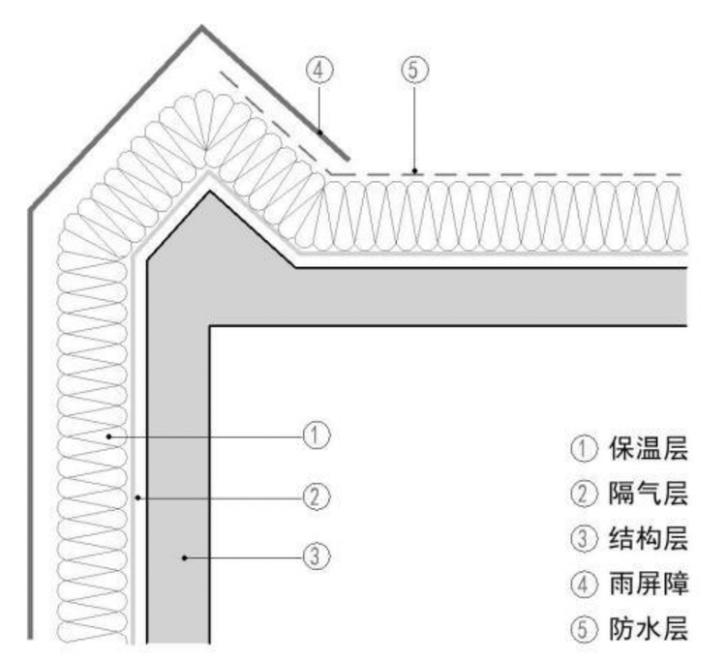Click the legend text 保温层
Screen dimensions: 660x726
tap(648, 449)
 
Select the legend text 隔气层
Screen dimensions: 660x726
tap(648, 495)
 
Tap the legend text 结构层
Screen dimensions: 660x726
tap(648, 540)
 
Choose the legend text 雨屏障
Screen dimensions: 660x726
tap(648, 585)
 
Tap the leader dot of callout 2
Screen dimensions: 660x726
tap(140, 497)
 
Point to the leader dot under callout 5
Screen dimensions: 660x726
tap(413, 172)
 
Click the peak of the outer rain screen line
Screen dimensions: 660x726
tap(202, 26)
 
